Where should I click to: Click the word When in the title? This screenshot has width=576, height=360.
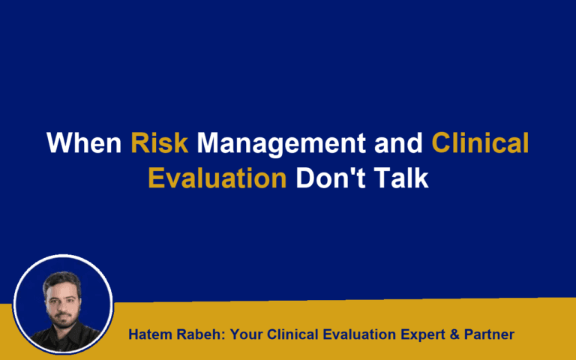click(85, 142)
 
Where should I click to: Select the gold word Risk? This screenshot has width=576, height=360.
click(159, 142)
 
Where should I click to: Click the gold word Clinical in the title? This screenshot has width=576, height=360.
click(480, 142)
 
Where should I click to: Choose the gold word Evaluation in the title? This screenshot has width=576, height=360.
click(217, 178)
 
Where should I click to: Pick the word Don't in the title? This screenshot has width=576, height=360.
click(327, 178)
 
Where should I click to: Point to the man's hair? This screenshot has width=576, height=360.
click(62, 279)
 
